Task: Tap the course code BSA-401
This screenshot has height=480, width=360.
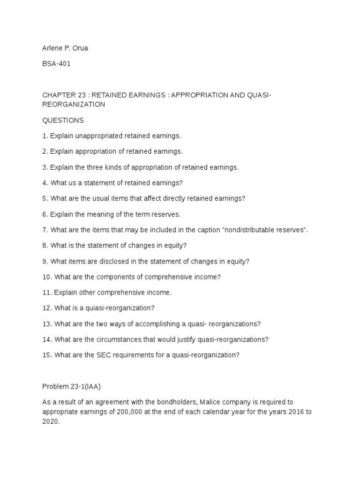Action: pos(56,64)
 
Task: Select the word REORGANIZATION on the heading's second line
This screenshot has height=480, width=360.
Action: pos(74,105)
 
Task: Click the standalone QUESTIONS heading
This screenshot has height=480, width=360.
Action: pos(63,120)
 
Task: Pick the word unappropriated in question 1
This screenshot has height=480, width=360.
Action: pos(101,136)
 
